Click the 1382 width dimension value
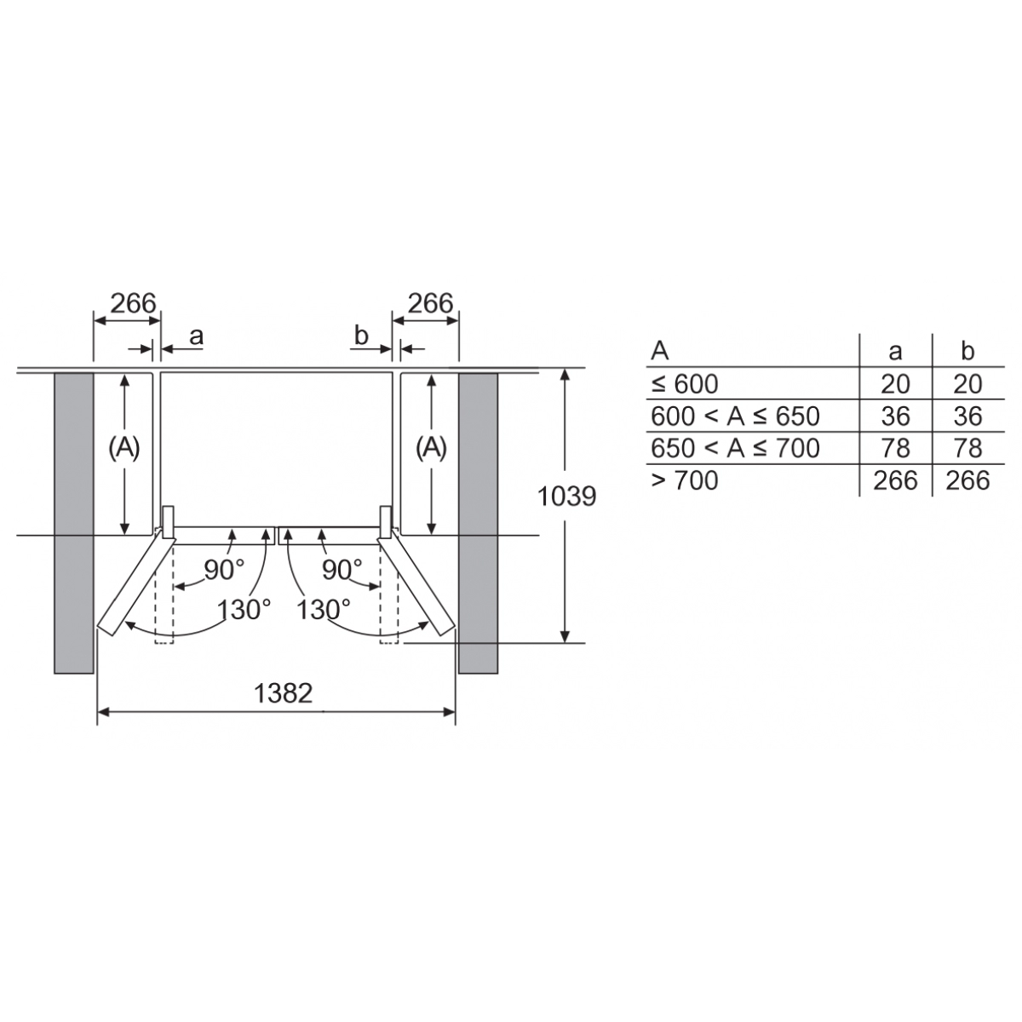[x=284, y=692]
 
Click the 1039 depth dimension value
[x=566, y=497]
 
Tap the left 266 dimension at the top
[x=133, y=303]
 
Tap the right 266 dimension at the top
[x=431, y=303]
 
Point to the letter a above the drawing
[x=196, y=336]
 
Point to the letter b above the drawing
[x=361, y=336]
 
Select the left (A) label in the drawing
[x=124, y=449]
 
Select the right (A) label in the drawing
[x=431, y=449]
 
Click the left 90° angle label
[x=224, y=570]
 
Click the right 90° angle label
[x=342, y=570]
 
